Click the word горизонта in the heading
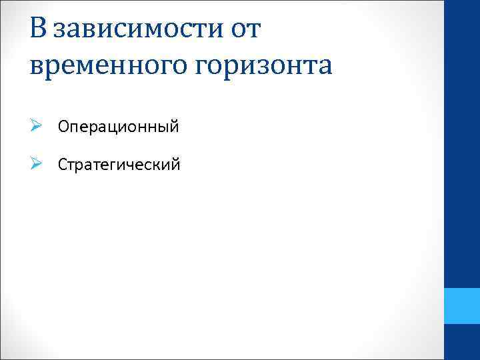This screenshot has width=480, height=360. coord(267,66)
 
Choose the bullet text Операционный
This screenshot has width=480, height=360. coord(118,126)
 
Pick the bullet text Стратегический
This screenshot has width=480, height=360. coord(119,164)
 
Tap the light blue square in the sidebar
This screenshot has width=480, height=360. coord(462,306)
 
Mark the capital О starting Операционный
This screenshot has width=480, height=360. coord(63,126)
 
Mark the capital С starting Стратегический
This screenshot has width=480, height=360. coord(63,164)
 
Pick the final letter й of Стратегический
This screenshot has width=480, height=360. coord(175,163)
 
